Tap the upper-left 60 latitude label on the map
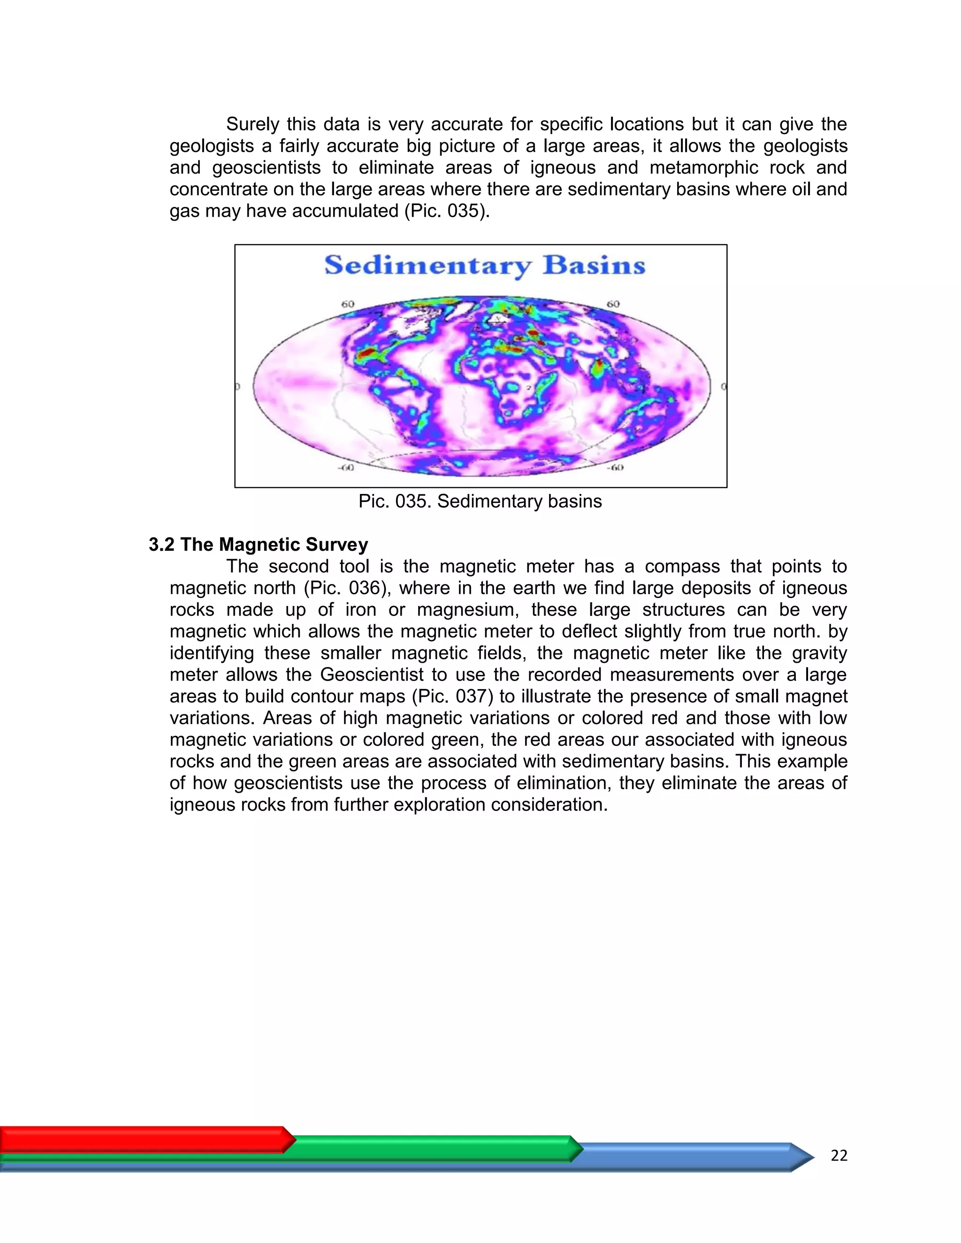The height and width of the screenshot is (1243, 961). pos(347,304)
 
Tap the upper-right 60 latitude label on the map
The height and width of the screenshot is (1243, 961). pos(612,304)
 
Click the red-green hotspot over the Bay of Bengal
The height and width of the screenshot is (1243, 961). pos(598,369)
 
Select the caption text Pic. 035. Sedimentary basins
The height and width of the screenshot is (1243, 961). pos(480,501)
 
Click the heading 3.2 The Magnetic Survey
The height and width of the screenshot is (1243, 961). pos(258,545)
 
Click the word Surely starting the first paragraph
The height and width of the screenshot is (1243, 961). pos(252,124)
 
